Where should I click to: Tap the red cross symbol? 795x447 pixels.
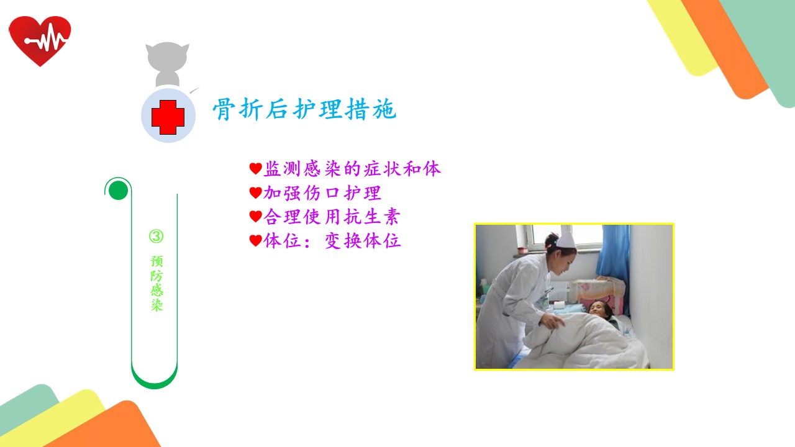click(168, 117)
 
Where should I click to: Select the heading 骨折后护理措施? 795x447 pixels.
click(304, 109)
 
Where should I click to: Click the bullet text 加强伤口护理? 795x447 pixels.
click(322, 193)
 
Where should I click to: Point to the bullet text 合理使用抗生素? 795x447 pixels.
click(332, 217)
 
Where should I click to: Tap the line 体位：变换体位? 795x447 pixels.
click(332, 241)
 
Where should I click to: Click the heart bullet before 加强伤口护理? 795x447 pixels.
click(255, 193)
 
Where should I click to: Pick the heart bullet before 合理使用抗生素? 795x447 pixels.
click(255, 217)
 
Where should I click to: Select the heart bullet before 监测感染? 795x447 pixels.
click(255, 169)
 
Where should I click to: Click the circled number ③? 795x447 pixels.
click(156, 237)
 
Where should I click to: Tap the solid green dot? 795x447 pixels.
click(118, 191)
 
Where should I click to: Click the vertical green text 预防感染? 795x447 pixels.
click(157, 283)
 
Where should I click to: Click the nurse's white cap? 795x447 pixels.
click(566, 240)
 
